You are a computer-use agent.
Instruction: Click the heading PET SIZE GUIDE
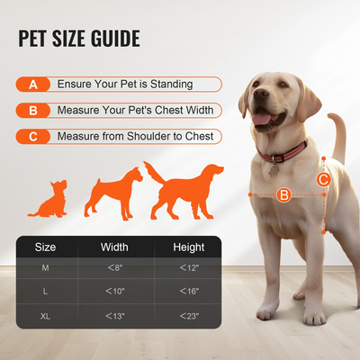[x=78, y=39]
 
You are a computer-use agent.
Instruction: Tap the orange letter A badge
[x=33, y=85]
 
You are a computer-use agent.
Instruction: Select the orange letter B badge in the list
[x=33, y=112]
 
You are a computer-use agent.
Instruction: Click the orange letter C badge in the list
[x=33, y=137]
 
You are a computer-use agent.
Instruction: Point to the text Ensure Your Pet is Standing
[x=125, y=85]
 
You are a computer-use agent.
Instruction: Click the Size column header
[x=45, y=247]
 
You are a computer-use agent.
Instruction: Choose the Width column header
[x=114, y=247]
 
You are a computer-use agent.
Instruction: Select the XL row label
[x=45, y=316]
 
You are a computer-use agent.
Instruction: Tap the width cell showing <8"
[x=114, y=268]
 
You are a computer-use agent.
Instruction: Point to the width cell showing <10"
[x=114, y=292]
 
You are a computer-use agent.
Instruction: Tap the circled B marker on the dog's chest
[x=283, y=193]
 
